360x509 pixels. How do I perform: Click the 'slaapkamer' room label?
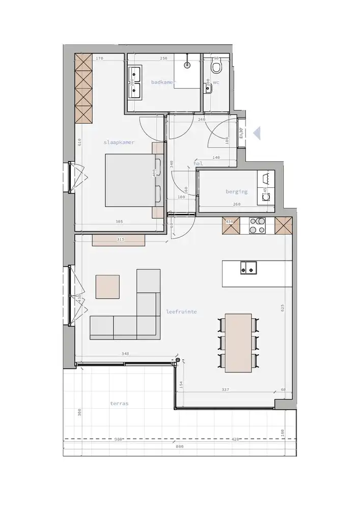click(x=119, y=143)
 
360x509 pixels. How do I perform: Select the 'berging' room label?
click(x=237, y=192)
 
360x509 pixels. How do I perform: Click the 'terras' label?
click(x=119, y=403)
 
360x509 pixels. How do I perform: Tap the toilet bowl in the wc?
click(x=216, y=67)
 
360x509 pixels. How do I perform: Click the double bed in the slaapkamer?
click(x=130, y=181)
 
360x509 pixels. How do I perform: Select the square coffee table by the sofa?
click(x=108, y=287)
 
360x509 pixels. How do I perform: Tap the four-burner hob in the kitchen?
click(x=257, y=225)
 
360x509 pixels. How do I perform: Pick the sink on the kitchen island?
click(x=248, y=267)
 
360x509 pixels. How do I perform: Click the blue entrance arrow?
click(x=257, y=133)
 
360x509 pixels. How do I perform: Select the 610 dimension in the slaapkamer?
click(x=80, y=144)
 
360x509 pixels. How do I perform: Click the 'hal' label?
click(x=199, y=164)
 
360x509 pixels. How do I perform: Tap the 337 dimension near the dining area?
click(x=226, y=390)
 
